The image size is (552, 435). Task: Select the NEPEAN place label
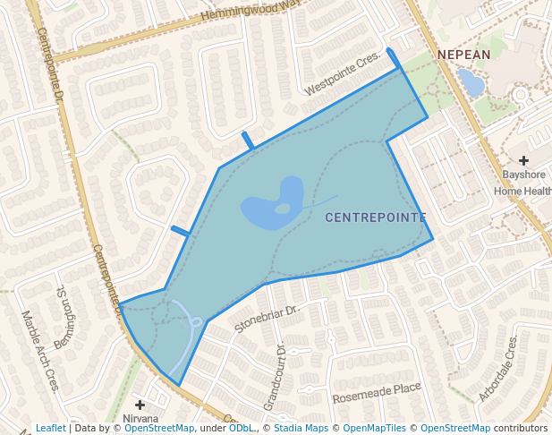464,55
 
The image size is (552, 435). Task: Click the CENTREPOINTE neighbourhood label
375,217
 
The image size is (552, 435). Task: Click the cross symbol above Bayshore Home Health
523,159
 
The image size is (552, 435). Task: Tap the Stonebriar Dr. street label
265,318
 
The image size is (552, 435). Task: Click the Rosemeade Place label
377,392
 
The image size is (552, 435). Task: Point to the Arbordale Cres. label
497,370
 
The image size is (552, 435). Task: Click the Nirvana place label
140,419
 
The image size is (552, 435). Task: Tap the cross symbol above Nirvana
140,405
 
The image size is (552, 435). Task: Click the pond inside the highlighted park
268,206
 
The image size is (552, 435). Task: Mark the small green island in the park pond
283,209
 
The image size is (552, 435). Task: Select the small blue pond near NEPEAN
471,83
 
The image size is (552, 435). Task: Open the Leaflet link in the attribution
50,429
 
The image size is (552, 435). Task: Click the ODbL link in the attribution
242,429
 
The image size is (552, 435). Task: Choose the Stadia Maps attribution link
299,429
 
